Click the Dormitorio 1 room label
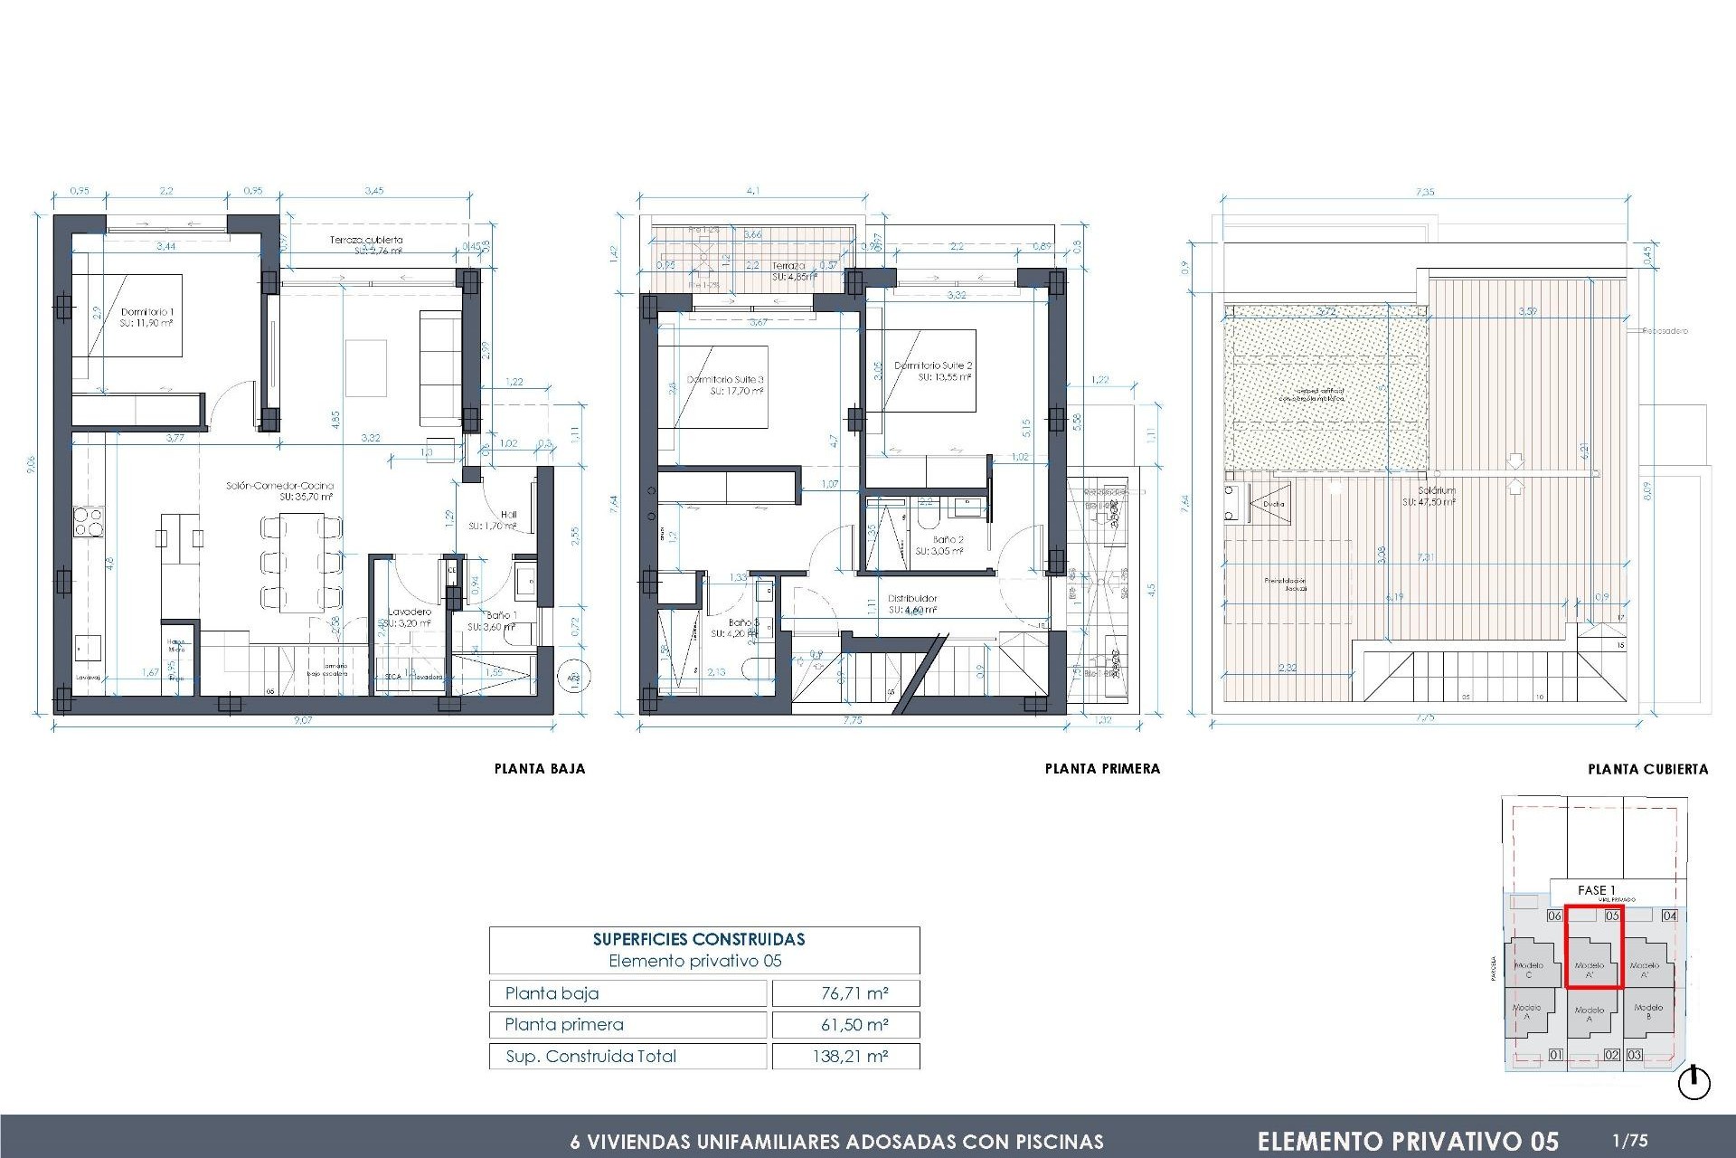pyautogui.click(x=146, y=312)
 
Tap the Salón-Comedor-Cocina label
pyautogui.click(x=279, y=486)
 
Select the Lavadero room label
pyautogui.click(x=410, y=612)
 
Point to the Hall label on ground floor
pyautogui.click(x=508, y=515)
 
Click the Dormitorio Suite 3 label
pyautogui.click(x=725, y=380)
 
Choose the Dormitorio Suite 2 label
pyautogui.click(x=933, y=365)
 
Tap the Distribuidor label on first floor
pyautogui.click(x=912, y=598)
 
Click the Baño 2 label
pyautogui.click(x=948, y=539)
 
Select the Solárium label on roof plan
pyautogui.click(x=1436, y=490)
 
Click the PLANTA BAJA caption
pyautogui.click(x=540, y=769)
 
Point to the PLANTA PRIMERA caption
pyautogui.click(x=1102, y=769)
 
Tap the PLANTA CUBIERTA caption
pyautogui.click(x=1647, y=770)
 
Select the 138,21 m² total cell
pyautogui.click(x=850, y=1056)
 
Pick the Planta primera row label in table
pyautogui.click(x=564, y=1024)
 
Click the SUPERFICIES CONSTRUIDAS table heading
pyautogui.click(x=699, y=939)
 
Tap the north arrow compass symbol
pyautogui.click(x=1694, y=1083)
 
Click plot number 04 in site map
pyautogui.click(x=1669, y=916)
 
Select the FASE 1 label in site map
pyautogui.click(x=1596, y=890)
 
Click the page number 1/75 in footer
pyautogui.click(x=1629, y=1141)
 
